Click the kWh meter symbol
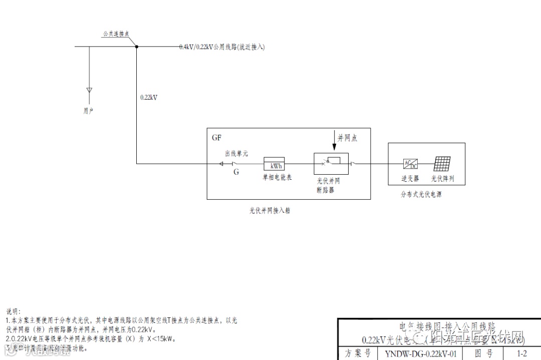point(274,164)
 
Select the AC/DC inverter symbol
point(410,164)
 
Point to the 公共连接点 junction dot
point(136,47)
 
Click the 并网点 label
point(347,137)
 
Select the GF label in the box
point(216,137)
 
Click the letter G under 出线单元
point(236,172)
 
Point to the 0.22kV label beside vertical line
point(149,98)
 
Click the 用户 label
point(88,111)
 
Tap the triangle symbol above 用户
point(89,91)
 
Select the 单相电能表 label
point(275,177)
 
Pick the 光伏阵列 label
point(442,179)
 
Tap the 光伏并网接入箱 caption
point(270,211)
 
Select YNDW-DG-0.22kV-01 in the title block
point(421,353)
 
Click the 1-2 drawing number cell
point(521,353)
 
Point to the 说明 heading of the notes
point(13,312)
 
